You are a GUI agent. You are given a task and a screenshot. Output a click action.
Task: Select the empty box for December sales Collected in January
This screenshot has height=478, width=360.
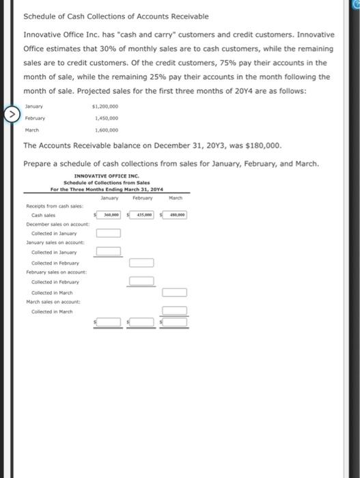pos(109,234)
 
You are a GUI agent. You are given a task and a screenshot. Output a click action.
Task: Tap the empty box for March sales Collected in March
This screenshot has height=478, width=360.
pos(175,311)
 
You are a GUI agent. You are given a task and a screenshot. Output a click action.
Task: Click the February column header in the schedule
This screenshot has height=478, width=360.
pos(143,196)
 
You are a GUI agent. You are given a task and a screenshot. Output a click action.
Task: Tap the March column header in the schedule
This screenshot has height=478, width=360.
pos(176,196)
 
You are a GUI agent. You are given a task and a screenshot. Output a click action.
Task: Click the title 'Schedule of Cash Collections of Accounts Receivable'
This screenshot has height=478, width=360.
pos(116,16)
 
